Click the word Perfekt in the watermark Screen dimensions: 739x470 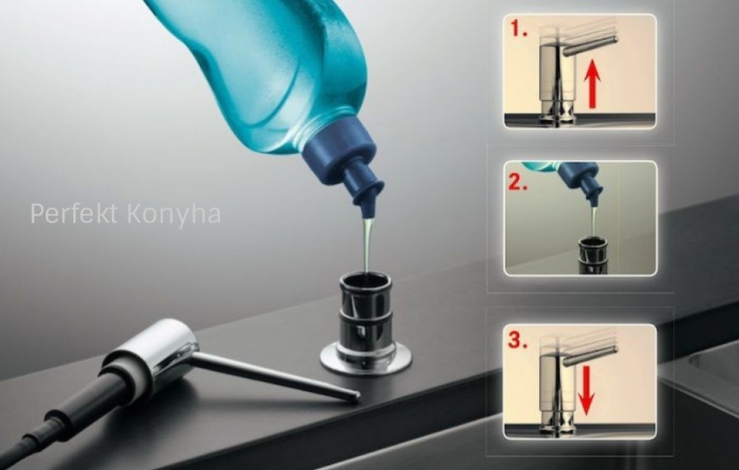(x=74, y=215)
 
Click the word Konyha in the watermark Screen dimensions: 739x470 (x=174, y=215)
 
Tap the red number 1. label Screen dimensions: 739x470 (x=518, y=30)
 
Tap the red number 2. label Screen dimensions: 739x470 (x=517, y=182)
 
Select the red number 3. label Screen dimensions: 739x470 (x=517, y=341)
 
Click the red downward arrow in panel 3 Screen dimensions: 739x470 (x=586, y=390)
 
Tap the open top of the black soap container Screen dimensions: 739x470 (x=365, y=281)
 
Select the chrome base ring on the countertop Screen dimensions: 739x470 (x=366, y=360)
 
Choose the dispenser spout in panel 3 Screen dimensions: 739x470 (x=590, y=356)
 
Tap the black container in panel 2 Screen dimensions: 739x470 (x=592, y=256)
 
